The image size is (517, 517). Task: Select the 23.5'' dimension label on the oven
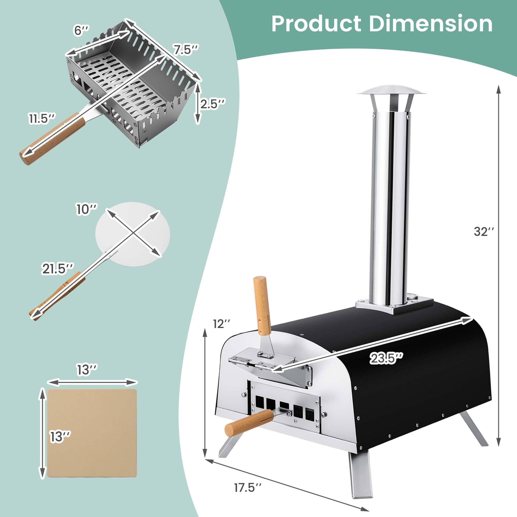click(x=386, y=359)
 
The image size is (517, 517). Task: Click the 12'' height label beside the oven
click(x=222, y=324)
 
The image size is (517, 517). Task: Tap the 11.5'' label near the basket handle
click(x=42, y=118)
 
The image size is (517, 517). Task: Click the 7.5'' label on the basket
click(x=185, y=50)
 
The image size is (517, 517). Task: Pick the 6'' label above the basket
click(x=81, y=31)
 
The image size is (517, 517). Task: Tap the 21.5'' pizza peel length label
click(x=58, y=269)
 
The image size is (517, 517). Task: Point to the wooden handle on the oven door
click(x=261, y=306)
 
